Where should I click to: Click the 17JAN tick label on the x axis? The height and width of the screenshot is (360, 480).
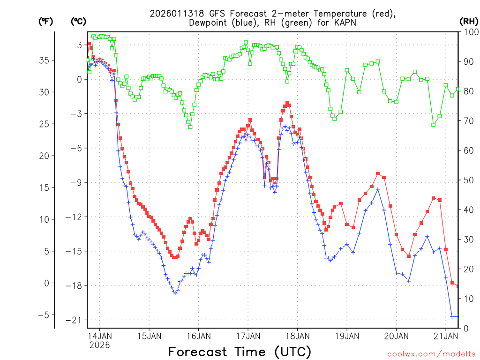(x=248, y=336)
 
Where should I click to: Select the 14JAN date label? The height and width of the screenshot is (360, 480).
(x=100, y=336)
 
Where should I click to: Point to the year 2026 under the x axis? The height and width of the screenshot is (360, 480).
(x=100, y=345)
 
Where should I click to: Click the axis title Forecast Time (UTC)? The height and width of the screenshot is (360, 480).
(x=240, y=352)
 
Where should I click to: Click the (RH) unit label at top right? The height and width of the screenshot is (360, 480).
(x=468, y=21)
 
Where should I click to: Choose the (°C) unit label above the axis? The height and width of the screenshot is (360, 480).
(x=79, y=21)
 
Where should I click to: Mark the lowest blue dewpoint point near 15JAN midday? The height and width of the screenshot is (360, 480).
(x=176, y=292)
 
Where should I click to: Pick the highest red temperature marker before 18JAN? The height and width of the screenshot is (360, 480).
(x=287, y=103)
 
